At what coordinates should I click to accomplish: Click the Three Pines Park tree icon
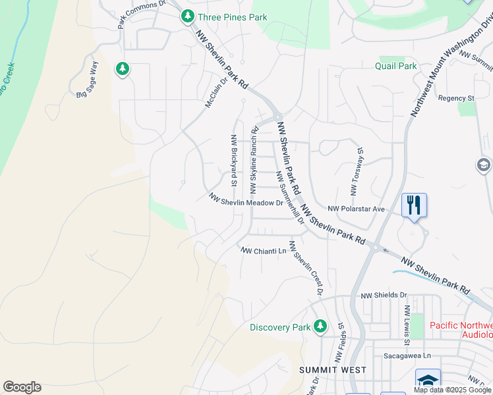point(188,16)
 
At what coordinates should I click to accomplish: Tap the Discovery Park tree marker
point(320,326)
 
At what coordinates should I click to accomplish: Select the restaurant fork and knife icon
point(414,205)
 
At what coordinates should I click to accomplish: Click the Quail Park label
point(396,66)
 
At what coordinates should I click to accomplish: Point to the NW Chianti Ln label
point(264,251)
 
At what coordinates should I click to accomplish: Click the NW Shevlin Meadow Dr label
point(246,199)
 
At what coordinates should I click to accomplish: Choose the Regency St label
point(456,98)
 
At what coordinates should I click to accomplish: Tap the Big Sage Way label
point(87,80)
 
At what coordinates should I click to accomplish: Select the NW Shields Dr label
point(384,296)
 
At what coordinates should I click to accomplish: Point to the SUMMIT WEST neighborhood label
point(332,370)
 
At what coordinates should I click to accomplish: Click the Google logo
point(22,387)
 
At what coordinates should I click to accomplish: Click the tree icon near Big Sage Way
point(122,68)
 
